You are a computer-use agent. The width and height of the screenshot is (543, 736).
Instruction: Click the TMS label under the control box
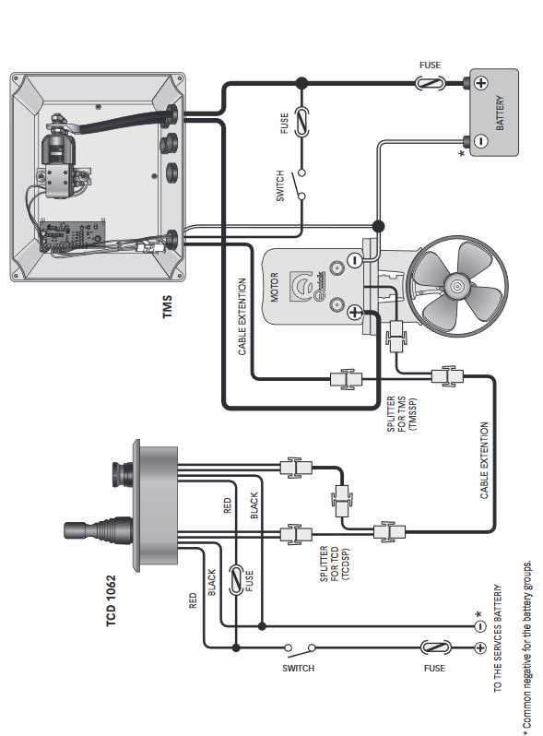coord(168,307)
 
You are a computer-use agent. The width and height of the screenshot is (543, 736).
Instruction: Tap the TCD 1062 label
coord(111,600)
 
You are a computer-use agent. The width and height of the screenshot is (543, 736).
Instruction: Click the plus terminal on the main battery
coord(481,83)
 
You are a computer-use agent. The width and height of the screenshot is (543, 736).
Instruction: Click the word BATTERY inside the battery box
coord(501,113)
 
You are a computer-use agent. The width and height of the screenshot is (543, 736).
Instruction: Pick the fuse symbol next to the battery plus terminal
coord(429,84)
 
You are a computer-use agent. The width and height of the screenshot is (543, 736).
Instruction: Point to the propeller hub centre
coord(457,286)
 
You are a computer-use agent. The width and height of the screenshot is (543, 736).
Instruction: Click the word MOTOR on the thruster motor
coord(275,287)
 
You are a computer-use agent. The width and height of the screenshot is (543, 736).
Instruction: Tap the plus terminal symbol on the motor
coord(354,312)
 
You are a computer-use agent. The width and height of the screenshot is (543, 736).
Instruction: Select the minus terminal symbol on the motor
coord(355,259)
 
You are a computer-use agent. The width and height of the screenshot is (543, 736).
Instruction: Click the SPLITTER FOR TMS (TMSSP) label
coord(401,414)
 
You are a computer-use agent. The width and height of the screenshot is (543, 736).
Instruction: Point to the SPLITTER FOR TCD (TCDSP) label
coord(335,564)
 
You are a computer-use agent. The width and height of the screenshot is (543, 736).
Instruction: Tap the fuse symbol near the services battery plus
coord(435,647)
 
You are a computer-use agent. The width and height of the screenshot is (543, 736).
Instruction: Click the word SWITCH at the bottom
coord(298,668)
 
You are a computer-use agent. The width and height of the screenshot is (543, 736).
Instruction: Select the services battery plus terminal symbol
coord(480,647)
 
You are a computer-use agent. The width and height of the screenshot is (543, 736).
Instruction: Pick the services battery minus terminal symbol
coord(480,625)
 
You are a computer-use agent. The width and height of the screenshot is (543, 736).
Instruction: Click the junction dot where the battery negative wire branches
coord(378,226)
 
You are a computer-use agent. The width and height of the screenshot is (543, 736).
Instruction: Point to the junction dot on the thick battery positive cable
coord(301,84)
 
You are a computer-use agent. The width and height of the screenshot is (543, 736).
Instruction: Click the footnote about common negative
coord(527,645)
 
